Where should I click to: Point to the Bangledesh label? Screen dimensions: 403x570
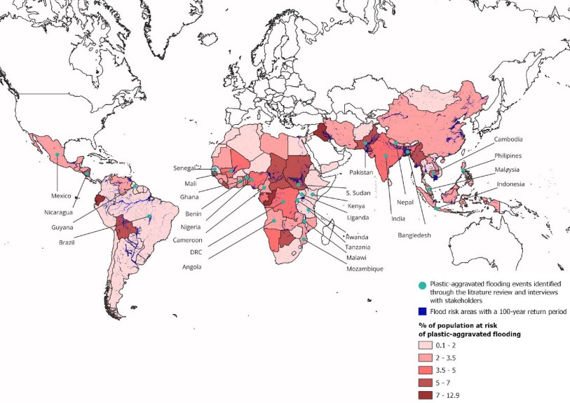coord(414,235)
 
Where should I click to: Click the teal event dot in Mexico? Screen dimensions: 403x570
coord(55,154)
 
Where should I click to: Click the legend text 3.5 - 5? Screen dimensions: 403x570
coord(469,370)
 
